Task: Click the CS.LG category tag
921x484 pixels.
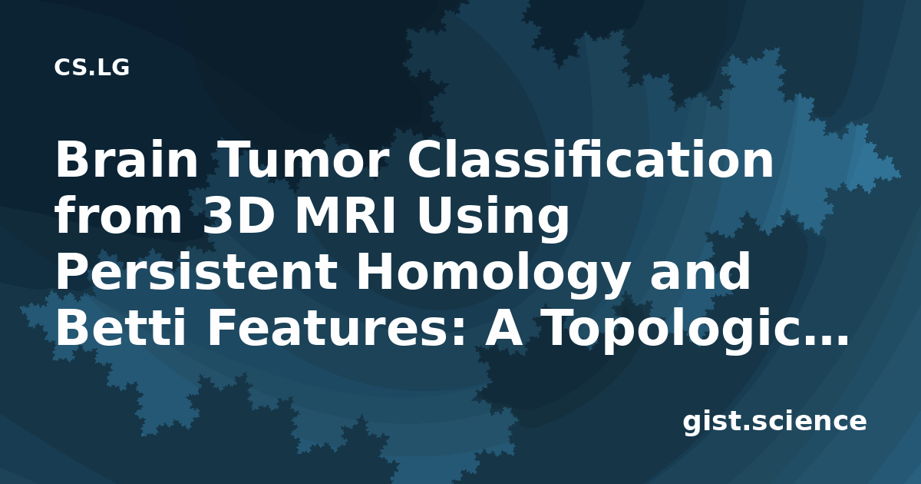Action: coord(91,68)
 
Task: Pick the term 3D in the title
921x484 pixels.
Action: coord(239,215)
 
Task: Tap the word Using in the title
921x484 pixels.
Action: coord(493,219)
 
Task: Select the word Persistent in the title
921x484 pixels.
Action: coord(196,272)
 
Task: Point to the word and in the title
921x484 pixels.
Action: coord(700,272)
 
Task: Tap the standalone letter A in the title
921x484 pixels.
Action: coord(504,328)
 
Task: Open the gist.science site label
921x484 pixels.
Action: coord(774,423)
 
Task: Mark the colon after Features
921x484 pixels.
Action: coord(460,332)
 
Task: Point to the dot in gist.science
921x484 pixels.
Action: coord(747,428)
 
